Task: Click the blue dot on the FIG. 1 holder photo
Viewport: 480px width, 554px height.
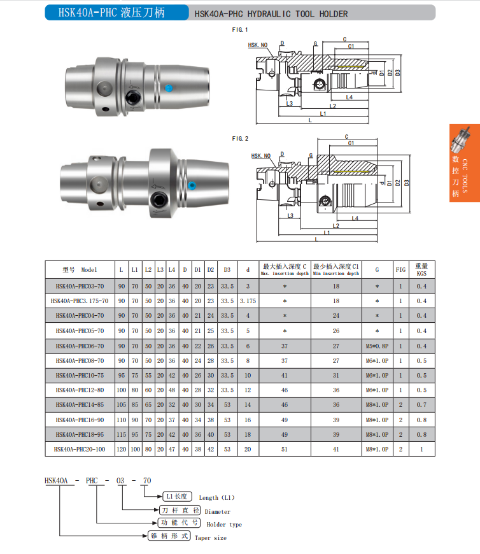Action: pyautogui.click(x=169, y=88)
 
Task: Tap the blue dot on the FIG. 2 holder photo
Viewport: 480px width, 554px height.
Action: pyautogui.click(x=192, y=185)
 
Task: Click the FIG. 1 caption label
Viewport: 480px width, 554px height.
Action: pyautogui.click(x=240, y=30)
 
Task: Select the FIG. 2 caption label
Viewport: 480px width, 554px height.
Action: pyautogui.click(x=240, y=139)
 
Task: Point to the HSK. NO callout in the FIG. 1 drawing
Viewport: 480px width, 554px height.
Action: pyautogui.click(x=257, y=45)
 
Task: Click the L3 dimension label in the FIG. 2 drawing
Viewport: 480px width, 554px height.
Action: pyautogui.click(x=290, y=215)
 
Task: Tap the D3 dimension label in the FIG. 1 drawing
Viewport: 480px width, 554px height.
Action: pyautogui.click(x=398, y=73)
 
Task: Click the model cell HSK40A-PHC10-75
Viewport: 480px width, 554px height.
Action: pyautogui.click(x=80, y=375)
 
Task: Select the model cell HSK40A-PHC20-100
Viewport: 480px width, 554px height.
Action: pyautogui.click(x=80, y=449)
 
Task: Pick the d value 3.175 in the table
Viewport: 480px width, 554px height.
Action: pyautogui.click(x=248, y=301)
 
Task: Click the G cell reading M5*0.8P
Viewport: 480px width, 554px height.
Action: pyautogui.click(x=377, y=346)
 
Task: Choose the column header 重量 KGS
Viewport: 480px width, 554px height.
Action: pyautogui.click(x=421, y=269)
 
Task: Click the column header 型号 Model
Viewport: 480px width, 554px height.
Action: pyautogui.click(x=80, y=269)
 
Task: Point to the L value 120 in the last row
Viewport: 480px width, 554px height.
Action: pyautogui.click(x=121, y=449)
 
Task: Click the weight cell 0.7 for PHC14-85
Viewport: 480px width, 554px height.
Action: pyautogui.click(x=421, y=405)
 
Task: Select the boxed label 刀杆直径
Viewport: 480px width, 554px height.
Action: pyautogui.click(x=180, y=511)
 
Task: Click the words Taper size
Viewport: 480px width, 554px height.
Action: pyautogui.click(x=211, y=537)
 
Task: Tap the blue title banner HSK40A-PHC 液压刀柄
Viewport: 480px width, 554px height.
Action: pyautogui.click(x=116, y=13)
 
